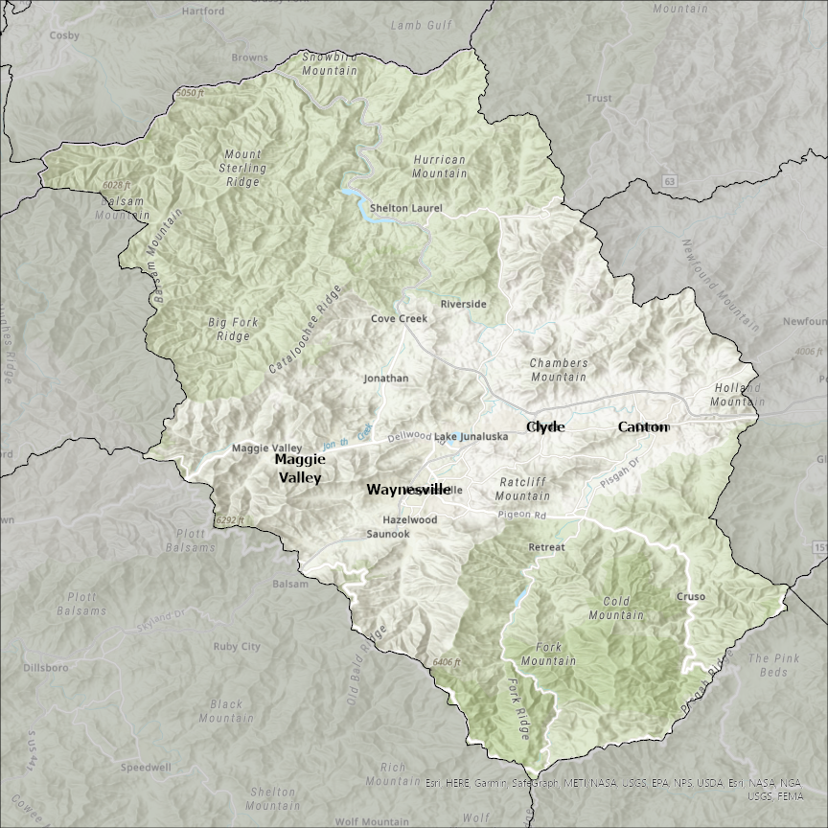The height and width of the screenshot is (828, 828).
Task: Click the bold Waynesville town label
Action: click(407, 489)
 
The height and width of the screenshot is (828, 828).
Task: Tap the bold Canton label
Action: click(643, 426)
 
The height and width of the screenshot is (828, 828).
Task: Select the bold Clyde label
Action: click(545, 426)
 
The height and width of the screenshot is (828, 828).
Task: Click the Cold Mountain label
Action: click(616, 608)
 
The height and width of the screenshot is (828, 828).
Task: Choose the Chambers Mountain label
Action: click(559, 370)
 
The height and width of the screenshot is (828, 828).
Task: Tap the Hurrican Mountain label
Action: click(440, 167)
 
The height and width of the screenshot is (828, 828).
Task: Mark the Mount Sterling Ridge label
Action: click(242, 167)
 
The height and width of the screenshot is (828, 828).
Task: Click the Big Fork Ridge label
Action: click(229, 329)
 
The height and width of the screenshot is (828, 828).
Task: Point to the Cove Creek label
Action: click(400, 318)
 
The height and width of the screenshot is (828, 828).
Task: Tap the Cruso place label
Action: click(691, 596)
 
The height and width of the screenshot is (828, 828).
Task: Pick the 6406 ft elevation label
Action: click(448, 662)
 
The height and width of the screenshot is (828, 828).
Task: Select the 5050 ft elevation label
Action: click(191, 93)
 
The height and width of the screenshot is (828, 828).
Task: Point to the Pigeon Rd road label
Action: click(521, 516)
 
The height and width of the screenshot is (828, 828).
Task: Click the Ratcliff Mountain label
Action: click(522, 489)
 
